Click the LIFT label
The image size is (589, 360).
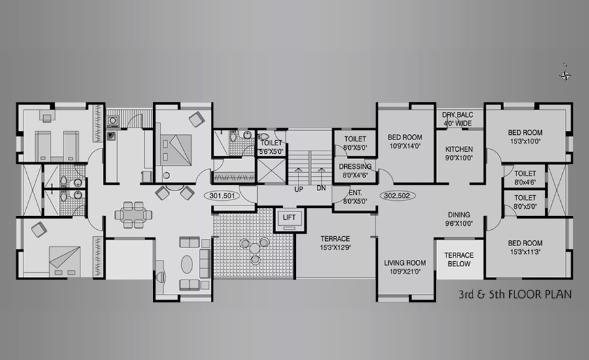[289, 217]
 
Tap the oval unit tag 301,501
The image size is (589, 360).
[222, 196]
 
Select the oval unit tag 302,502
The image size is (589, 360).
[397, 196]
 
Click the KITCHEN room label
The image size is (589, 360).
[459, 149]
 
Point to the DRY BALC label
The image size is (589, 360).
[457, 115]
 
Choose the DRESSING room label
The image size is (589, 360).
[355, 166]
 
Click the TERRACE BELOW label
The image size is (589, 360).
[459, 260]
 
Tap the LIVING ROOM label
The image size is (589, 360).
[404, 263]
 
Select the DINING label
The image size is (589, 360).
[459, 215]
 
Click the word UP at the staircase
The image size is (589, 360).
[298, 189]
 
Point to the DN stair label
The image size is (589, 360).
[321, 189]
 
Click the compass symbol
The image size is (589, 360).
[565, 75]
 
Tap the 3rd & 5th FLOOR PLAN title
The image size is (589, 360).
[515, 294]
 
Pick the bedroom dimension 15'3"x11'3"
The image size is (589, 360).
[525, 252]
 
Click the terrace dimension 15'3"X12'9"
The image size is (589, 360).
[336, 247]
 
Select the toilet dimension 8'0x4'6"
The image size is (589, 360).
[525, 182]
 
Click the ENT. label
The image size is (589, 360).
[355, 193]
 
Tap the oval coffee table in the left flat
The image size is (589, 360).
[187, 264]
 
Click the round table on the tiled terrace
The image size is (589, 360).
[255, 248]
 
